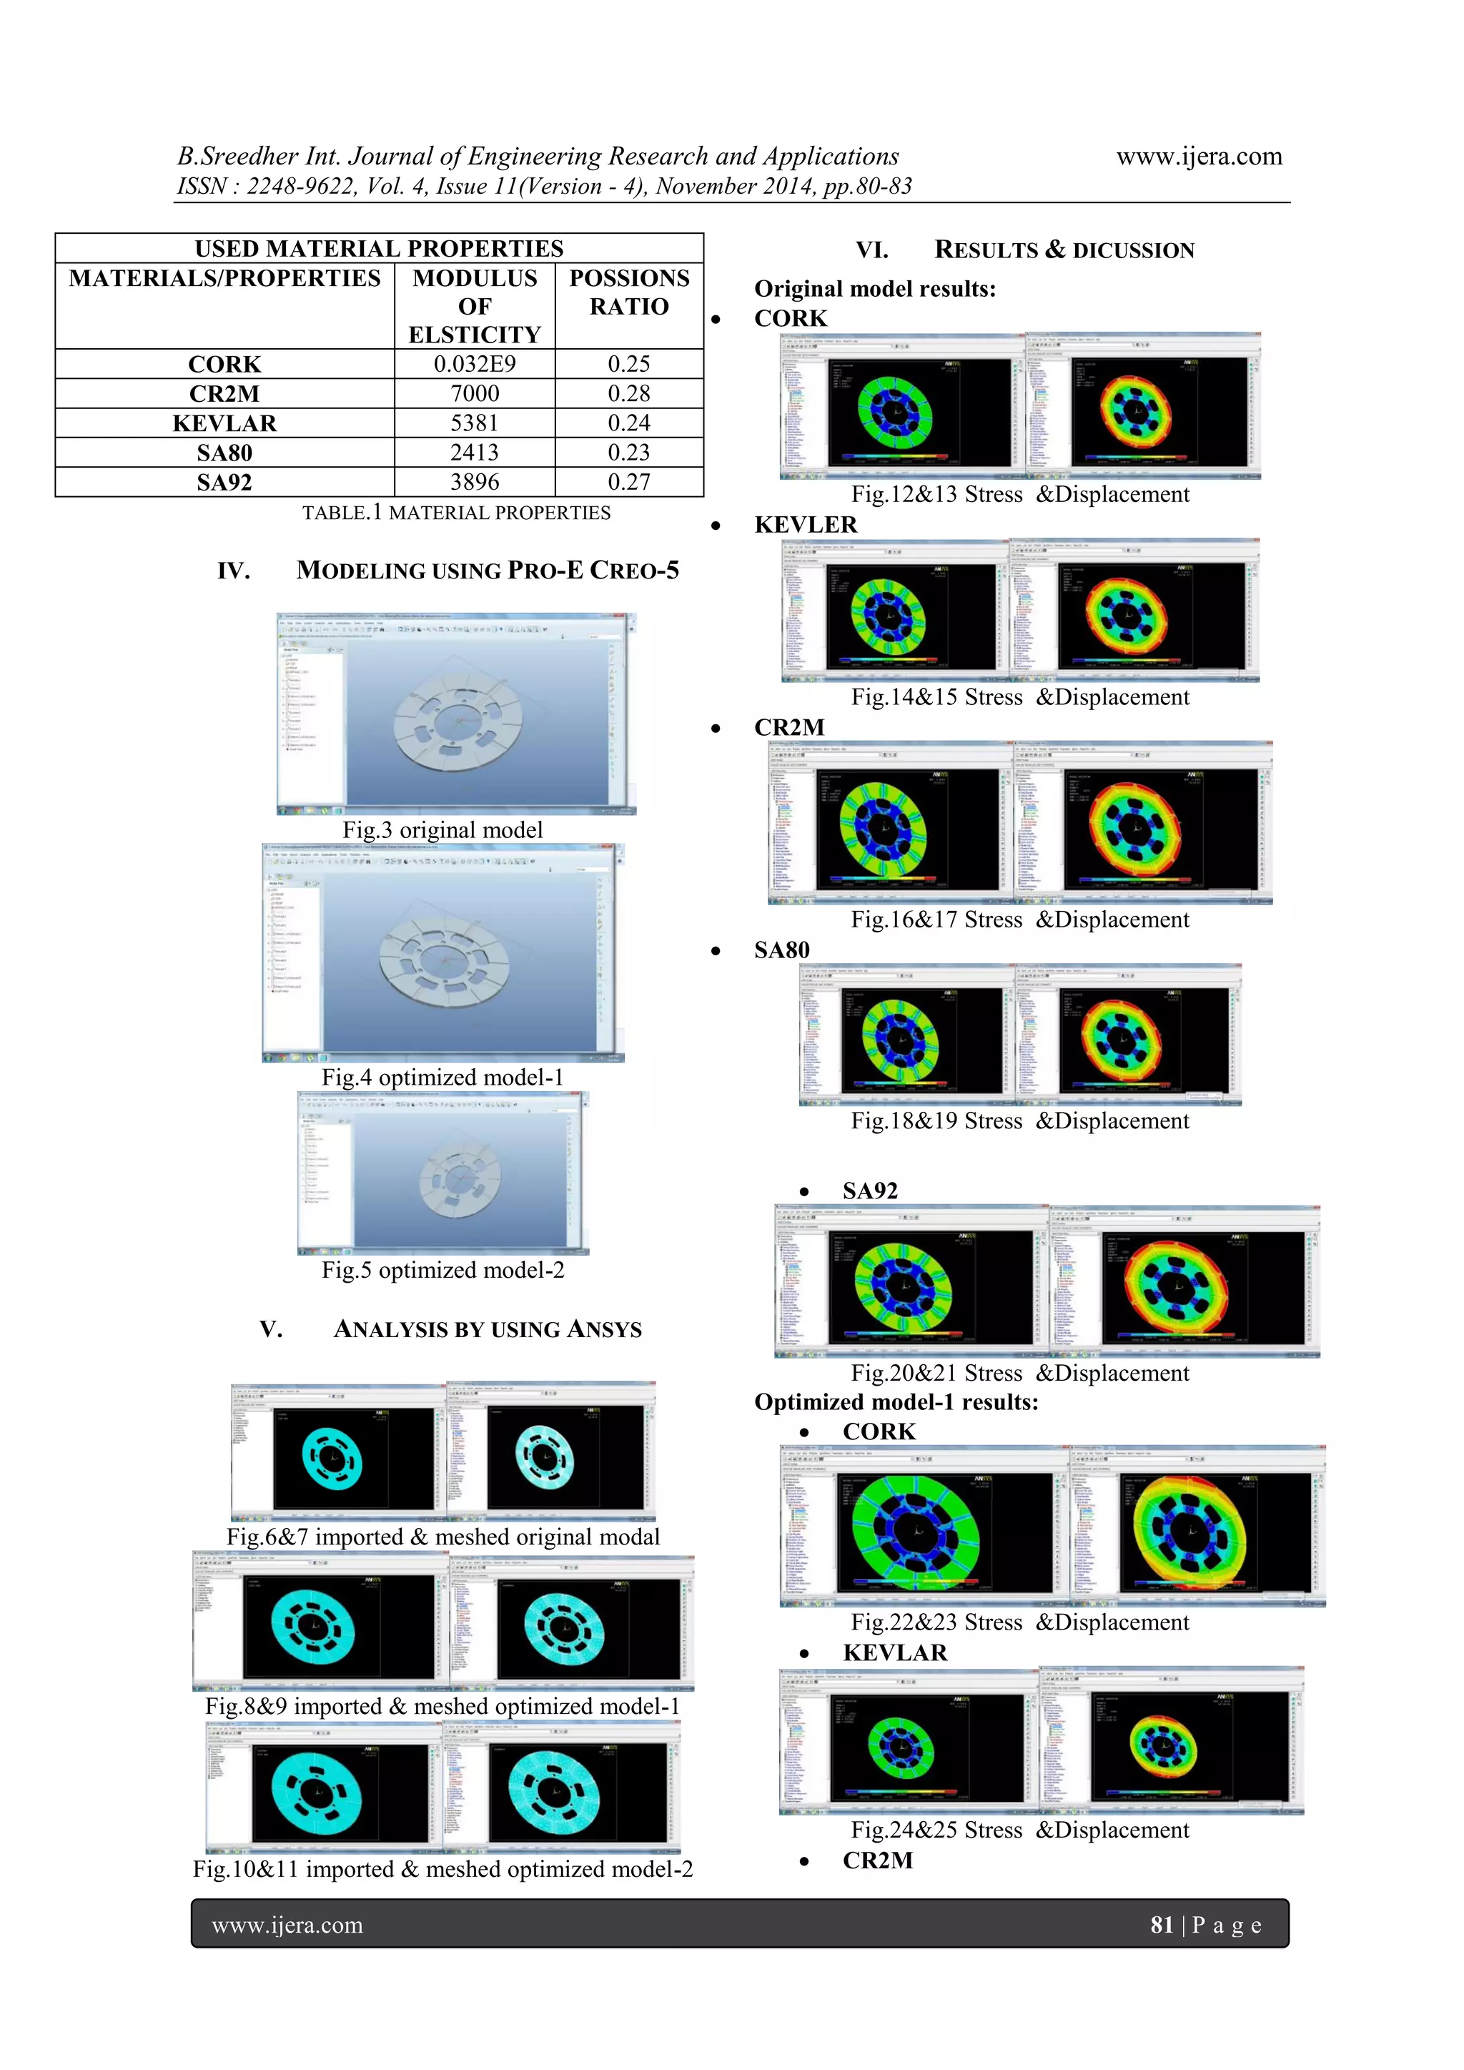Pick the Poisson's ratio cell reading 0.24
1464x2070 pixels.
628,423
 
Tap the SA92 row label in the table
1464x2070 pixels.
224,483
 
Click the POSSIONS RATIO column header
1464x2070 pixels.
628,292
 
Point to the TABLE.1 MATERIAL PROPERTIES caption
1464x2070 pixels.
456,513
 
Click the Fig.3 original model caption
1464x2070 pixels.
442,830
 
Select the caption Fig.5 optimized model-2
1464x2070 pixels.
442,1271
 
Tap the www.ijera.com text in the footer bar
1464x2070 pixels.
287,1925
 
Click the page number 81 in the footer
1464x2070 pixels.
1161,1925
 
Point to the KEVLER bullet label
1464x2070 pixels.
805,525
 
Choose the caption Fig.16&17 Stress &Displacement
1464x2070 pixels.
1019,920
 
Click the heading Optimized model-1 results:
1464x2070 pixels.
896,1402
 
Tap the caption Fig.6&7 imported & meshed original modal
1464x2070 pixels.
442,1537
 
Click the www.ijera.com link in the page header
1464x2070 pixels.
1199,157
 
